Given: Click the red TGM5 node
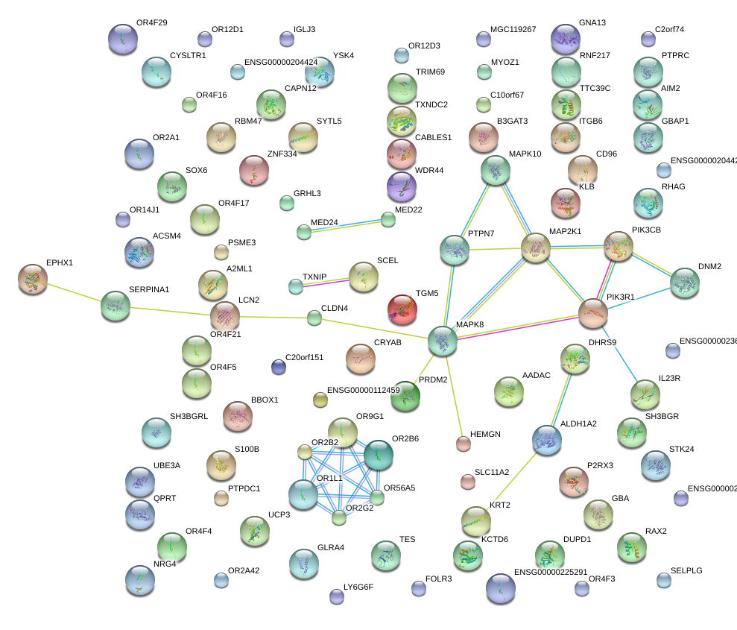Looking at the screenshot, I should point(402,308).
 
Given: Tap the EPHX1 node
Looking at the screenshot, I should point(32,279).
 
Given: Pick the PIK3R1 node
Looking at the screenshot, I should point(593,313).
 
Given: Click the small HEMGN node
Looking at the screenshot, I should point(464,444).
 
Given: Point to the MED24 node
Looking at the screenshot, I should point(303,231).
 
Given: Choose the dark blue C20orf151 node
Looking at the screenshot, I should point(278,366).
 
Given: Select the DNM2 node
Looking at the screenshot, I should point(685,282).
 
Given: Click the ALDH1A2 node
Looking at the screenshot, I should point(547,439).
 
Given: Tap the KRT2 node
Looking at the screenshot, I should point(475,520).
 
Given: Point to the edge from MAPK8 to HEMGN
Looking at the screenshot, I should point(454,394).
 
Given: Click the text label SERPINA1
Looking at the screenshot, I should point(149,289).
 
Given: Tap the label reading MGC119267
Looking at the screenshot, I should point(513,29).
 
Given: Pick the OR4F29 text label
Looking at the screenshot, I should point(152,22).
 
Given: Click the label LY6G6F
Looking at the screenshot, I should point(358,587).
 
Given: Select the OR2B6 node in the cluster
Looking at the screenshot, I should point(378,454).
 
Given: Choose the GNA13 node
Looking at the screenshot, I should point(565,38).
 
